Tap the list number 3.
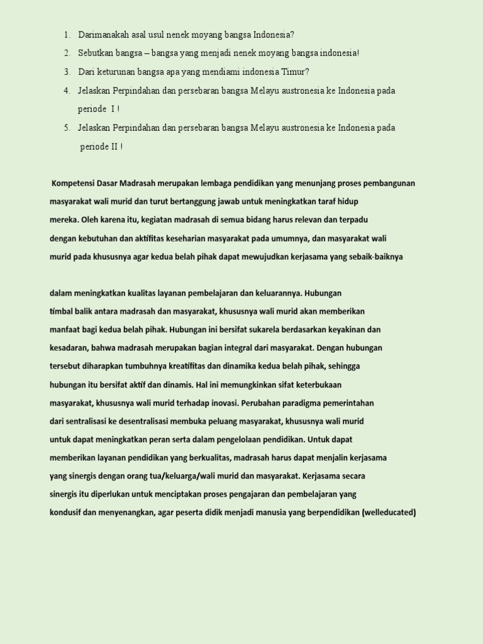click(x=67, y=72)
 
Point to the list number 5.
click(x=67, y=128)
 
